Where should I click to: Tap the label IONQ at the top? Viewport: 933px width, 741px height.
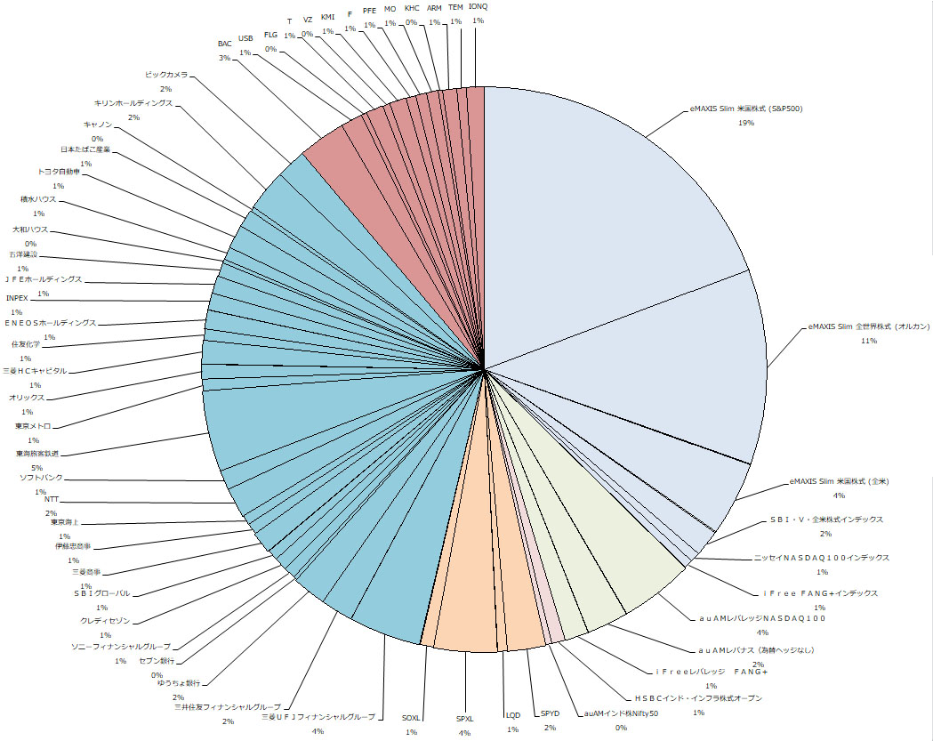[x=478, y=7]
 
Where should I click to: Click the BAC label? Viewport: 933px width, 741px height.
[x=225, y=44]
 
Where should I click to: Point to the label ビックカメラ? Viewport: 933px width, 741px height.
[x=166, y=76]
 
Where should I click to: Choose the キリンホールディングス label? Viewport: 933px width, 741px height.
[x=133, y=104]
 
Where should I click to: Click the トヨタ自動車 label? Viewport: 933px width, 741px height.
[x=59, y=172]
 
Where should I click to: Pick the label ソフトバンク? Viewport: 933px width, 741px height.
[x=42, y=479]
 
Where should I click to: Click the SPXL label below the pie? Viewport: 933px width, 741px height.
[x=465, y=719]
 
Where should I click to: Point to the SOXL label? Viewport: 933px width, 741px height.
[x=410, y=718]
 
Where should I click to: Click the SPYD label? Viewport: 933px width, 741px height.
[x=550, y=714]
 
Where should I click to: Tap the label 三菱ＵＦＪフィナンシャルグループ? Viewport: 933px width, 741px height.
[x=318, y=717]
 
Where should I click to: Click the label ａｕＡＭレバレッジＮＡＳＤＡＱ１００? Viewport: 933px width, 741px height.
[x=762, y=618]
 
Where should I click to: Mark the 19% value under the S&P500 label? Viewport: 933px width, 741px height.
[x=745, y=123]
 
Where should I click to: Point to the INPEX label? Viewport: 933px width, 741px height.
[x=18, y=298]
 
